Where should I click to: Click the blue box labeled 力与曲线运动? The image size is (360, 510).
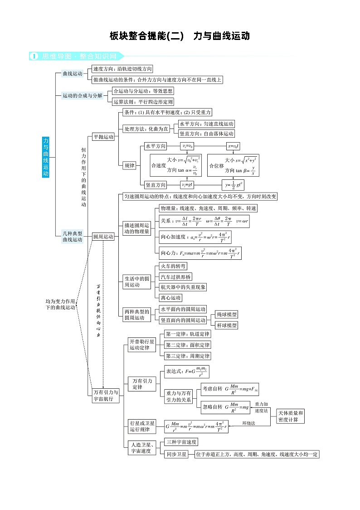(x=46, y=157)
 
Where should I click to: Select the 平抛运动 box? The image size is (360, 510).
(x=103, y=137)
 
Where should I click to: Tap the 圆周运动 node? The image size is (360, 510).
(x=103, y=237)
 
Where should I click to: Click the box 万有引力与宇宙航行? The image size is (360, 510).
(x=105, y=396)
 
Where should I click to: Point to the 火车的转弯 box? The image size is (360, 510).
(x=173, y=266)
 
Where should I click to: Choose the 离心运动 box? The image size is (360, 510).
(x=171, y=298)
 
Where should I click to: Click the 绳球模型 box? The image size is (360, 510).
(x=226, y=314)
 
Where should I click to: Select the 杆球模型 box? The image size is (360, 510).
(x=226, y=325)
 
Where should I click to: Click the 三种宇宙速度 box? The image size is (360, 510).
(x=181, y=442)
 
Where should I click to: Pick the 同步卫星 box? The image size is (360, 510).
(x=176, y=454)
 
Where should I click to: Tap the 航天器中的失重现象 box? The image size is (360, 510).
(x=183, y=287)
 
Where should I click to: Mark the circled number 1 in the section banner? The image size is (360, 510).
(x=34, y=56)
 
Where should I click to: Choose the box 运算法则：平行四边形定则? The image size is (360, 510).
(x=143, y=102)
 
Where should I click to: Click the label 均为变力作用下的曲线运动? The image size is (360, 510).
(x=60, y=304)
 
